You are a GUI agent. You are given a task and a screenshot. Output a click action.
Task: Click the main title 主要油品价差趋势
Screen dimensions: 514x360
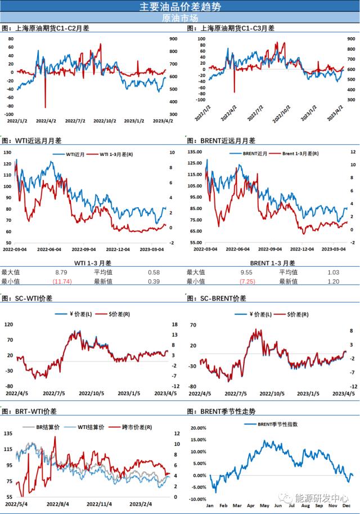point(180,7)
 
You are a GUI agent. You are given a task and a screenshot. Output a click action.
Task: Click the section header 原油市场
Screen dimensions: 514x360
point(180,19)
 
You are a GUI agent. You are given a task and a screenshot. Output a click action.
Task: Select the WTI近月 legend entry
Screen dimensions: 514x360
point(74,154)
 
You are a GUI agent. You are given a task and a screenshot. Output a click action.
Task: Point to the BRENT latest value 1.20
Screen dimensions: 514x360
point(333,281)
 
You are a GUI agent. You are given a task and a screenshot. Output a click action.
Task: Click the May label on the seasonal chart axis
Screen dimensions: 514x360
point(263,506)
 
